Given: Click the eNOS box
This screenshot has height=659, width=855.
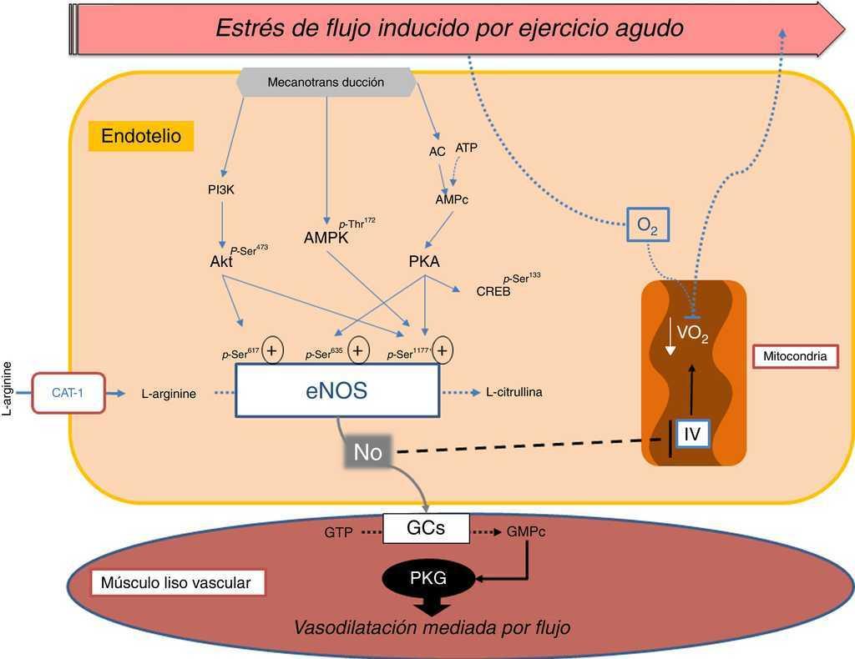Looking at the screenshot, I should click(337, 390).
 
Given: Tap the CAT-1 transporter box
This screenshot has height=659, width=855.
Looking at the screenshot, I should click(68, 392).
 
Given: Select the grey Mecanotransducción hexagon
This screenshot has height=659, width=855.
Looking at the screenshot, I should click(326, 82).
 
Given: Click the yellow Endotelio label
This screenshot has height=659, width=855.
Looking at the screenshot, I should click(141, 136).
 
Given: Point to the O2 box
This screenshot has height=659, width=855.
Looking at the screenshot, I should click(648, 225).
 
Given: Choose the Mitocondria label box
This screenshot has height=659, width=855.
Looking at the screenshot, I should click(796, 356).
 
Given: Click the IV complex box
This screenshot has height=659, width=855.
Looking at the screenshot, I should click(692, 434).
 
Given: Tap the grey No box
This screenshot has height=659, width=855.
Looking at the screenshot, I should click(368, 453).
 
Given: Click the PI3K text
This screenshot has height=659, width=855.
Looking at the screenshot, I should click(221, 189).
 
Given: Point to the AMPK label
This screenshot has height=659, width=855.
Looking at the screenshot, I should click(326, 239).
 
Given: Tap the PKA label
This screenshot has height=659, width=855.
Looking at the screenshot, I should click(424, 262).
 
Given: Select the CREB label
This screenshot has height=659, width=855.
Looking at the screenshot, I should click(493, 292).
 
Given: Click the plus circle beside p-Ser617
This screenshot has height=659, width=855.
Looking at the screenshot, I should click(272, 351).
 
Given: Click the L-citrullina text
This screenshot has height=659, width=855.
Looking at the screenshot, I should click(514, 391).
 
